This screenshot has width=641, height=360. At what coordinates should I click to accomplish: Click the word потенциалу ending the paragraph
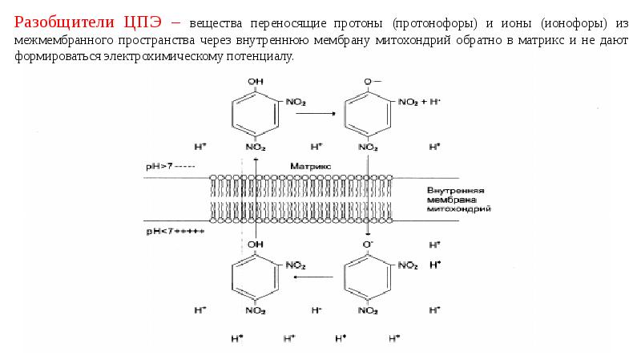[x=262, y=58]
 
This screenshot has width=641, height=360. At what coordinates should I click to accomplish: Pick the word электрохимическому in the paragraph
[x=164, y=58]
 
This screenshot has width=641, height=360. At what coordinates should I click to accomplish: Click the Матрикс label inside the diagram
[x=305, y=165]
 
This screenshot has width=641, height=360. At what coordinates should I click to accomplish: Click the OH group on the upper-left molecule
[x=255, y=82]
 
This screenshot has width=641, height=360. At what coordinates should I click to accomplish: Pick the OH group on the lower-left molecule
[x=255, y=243]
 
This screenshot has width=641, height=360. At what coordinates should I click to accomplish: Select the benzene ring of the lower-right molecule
[x=366, y=277]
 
